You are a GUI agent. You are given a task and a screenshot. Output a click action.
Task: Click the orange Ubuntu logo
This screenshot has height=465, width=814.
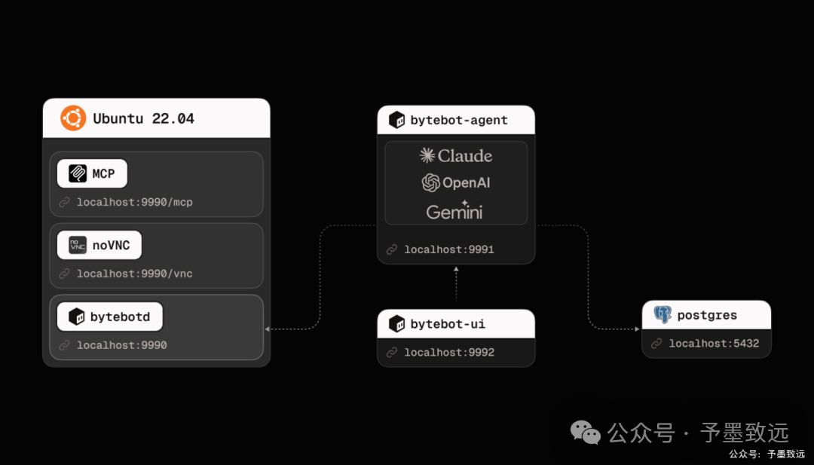[73, 118]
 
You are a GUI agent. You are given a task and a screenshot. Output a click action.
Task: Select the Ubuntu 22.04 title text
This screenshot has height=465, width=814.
[144, 119]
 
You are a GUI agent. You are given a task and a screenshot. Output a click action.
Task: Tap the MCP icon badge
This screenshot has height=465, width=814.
[78, 173]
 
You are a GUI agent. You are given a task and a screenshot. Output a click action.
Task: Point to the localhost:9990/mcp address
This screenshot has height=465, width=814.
[134, 202]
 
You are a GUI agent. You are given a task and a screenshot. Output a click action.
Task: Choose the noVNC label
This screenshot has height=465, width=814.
[111, 245]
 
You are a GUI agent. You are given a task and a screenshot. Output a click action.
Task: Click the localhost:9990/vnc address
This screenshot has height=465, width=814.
[134, 274]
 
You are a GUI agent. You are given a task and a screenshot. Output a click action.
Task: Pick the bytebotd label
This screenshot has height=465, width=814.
[120, 317]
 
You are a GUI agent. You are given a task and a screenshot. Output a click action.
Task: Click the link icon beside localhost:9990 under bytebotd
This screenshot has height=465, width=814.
[64, 345]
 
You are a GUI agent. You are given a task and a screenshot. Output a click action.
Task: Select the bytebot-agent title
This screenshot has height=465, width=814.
[459, 120]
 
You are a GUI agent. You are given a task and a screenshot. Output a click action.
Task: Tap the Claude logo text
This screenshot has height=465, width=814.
[456, 155]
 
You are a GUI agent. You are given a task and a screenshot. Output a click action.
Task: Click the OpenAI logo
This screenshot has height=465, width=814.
[456, 182]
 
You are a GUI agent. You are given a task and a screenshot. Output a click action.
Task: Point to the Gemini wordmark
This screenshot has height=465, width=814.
[454, 211]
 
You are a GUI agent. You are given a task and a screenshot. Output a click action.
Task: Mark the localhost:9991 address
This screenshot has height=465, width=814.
[449, 249]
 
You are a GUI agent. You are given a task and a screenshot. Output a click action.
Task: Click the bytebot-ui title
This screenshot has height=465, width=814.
[448, 324]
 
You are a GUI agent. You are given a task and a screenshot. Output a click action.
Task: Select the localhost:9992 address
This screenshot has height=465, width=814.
[449, 353]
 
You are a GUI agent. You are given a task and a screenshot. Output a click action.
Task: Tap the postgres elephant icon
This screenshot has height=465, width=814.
[663, 314]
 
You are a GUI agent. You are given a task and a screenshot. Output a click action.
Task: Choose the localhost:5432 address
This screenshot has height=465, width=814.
[714, 344]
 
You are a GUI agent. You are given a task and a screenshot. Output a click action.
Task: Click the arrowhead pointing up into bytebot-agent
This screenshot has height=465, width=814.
[456, 269]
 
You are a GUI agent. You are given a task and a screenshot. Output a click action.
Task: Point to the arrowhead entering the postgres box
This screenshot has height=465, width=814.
[638, 329]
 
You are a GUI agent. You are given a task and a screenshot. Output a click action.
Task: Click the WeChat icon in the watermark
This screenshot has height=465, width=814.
[586, 433]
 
